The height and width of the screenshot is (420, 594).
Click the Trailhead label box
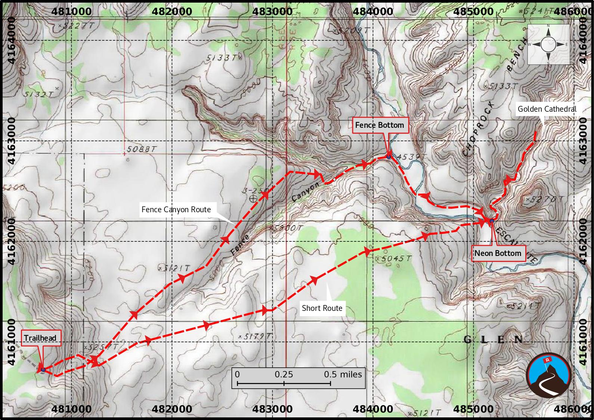tap(40, 338)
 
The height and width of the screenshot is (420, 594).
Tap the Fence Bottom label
tap(379, 125)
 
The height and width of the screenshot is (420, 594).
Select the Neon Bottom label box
tap(498, 253)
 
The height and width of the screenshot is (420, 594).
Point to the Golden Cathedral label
tap(547, 109)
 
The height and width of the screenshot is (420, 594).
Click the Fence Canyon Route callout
tap(176, 210)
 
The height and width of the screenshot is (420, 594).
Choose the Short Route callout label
tap(322, 308)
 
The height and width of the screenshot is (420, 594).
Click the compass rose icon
tap(548, 44)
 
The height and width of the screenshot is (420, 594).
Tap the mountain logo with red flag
tap(549, 374)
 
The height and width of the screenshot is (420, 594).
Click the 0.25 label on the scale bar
tap(284, 374)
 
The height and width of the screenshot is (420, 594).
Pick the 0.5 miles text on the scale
tap(343, 374)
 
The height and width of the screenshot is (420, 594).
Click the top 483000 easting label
tap(272, 11)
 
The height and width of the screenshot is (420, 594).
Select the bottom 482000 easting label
tap(172, 409)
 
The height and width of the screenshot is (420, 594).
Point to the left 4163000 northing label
tap(11, 141)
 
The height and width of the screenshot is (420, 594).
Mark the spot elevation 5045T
tap(396, 259)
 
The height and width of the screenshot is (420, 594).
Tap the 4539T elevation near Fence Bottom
tap(408, 157)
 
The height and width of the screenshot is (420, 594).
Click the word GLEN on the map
tap(493, 340)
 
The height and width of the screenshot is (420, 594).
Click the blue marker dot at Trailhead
tap(43, 370)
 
